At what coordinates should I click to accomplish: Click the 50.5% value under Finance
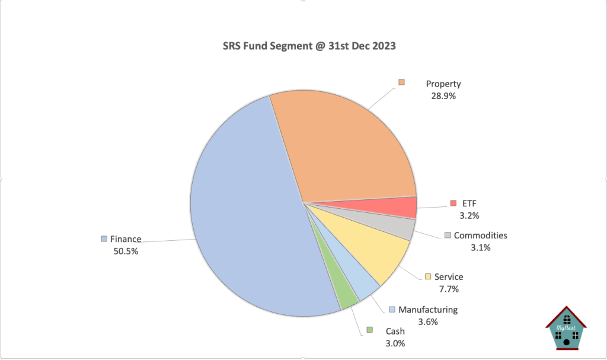coord(126,250)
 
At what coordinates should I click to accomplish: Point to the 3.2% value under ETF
coord(469,215)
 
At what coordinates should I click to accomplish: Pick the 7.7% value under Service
coord(449,289)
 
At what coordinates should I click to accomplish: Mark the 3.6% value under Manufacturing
coord(427,322)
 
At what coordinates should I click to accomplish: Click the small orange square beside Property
coord(401,82)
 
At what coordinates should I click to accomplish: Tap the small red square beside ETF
coord(453,203)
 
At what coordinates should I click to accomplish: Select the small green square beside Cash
coord(369,330)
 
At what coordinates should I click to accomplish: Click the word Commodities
coord(480,235)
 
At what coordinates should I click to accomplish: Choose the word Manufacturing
coord(428,310)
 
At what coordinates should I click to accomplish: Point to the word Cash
coord(395,331)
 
